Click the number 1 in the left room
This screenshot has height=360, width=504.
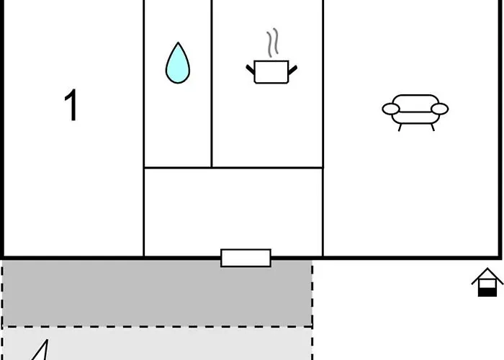click(x=71, y=107)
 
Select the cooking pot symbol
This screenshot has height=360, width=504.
click(x=271, y=72)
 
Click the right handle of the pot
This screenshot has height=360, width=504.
click(x=292, y=70)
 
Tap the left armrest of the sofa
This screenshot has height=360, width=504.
click(x=391, y=109)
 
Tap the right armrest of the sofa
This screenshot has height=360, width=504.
click(x=439, y=109)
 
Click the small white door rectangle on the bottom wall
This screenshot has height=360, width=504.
click(x=246, y=258)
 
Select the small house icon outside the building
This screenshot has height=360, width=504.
click(x=487, y=282)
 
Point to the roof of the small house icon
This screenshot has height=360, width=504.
click(x=487, y=275)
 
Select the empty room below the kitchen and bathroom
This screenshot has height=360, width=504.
click(x=233, y=212)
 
